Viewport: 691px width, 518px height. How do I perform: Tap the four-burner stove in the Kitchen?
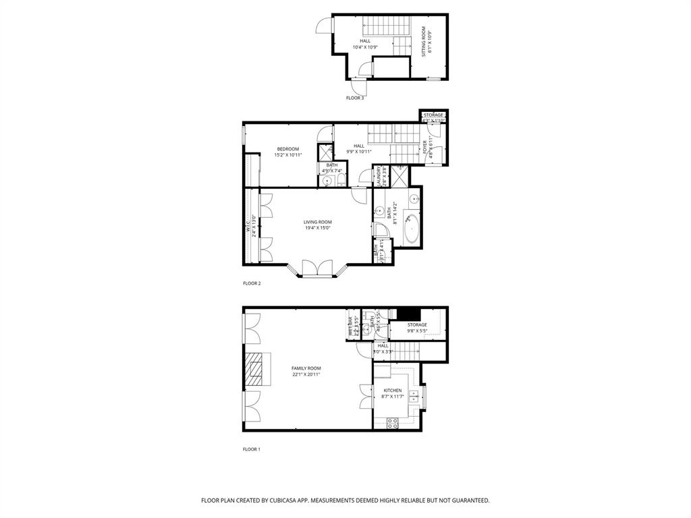[392, 423]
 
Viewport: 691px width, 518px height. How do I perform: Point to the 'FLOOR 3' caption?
[355, 98]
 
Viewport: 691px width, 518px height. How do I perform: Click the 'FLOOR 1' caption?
[252, 449]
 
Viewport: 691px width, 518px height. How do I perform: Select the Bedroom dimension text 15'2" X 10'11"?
[287, 155]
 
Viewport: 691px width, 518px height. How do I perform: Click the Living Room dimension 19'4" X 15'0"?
[317, 228]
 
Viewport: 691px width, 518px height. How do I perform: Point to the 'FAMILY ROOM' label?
[306, 368]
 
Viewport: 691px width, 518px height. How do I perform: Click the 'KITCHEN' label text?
[393, 391]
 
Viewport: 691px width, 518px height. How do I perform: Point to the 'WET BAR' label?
[351, 326]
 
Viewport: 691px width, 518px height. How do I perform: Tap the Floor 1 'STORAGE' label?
[417, 325]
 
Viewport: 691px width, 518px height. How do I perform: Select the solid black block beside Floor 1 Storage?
[408, 314]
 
